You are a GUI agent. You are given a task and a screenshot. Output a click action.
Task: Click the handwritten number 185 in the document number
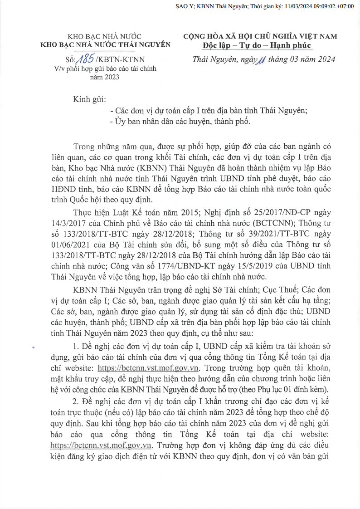tap(86, 58)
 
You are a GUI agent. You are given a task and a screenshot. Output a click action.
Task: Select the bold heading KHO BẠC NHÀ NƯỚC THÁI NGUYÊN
tap(106, 44)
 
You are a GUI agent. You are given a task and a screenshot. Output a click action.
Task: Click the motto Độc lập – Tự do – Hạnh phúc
tap(257, 45)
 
